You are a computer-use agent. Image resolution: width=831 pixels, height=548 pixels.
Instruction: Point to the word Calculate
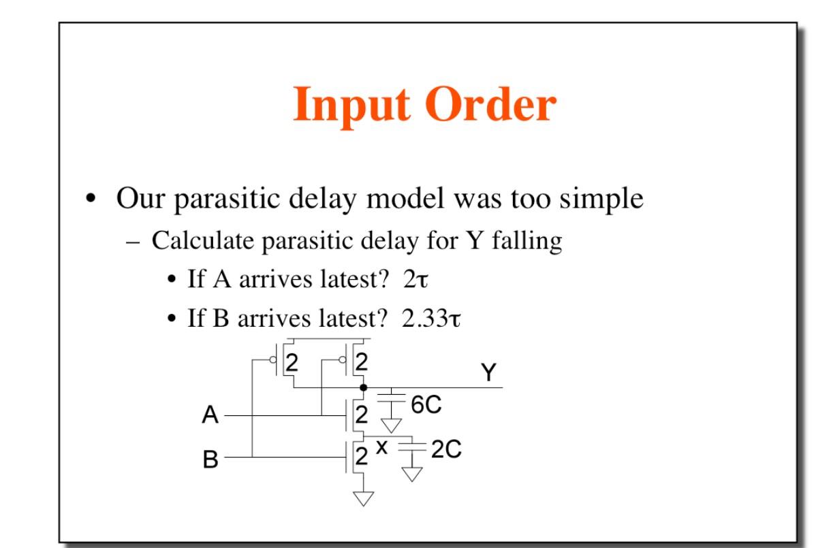(198, 241)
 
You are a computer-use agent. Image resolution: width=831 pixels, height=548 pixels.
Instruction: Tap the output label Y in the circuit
(488, 372)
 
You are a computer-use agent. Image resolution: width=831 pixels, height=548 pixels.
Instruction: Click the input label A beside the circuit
(210, 415)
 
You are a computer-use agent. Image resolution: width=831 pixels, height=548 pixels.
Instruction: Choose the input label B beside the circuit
(210, 460)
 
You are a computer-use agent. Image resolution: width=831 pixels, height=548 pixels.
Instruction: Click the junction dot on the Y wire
(363, 387)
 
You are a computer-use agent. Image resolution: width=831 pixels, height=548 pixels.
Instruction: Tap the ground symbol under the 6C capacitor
(391, 426)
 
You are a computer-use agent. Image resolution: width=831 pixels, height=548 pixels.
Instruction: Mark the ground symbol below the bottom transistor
(363, 499)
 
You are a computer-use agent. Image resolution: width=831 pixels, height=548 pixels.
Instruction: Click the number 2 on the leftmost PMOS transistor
(292, 362)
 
